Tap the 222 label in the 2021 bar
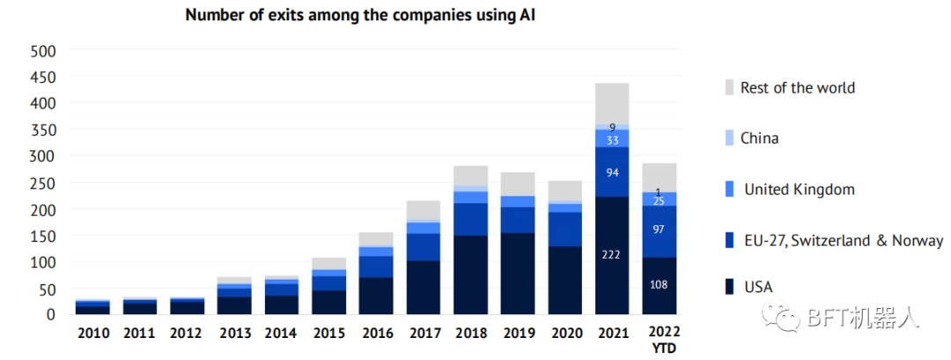[612, 255]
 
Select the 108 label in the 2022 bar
[660, 285]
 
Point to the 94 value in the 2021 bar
[612, 173]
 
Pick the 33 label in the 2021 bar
[612, 140]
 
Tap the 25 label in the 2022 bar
[660, 202]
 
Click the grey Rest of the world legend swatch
[728, 88]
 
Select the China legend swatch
[728, 138]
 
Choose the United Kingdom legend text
[799, 189]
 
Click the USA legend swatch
[728, 286]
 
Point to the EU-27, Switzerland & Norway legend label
[843, 240]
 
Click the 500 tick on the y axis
[43, 51]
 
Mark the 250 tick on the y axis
[43, 183]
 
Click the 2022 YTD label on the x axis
[661, 339]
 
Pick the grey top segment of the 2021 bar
[612, 104]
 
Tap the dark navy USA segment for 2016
[375, 296]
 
